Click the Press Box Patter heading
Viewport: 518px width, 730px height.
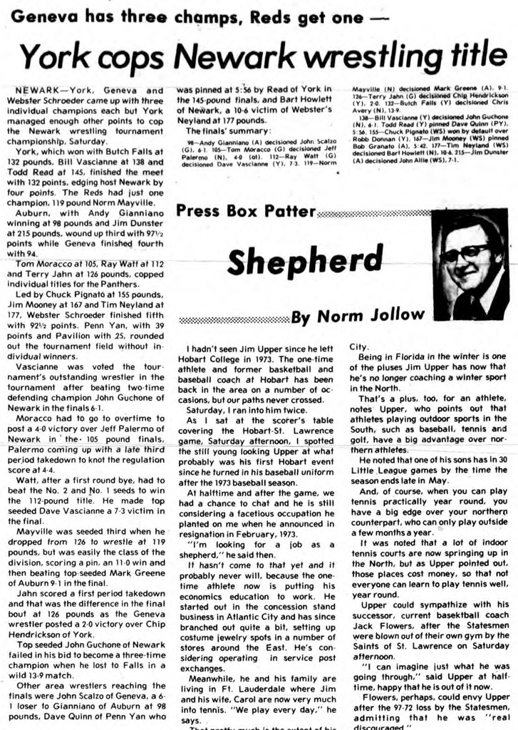pyautogui.click(x=245, y=211)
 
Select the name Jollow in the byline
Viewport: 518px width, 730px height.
pyautogui.click(x=396, y=317)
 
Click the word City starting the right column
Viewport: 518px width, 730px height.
pyautogui.click(x=358, y=346)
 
